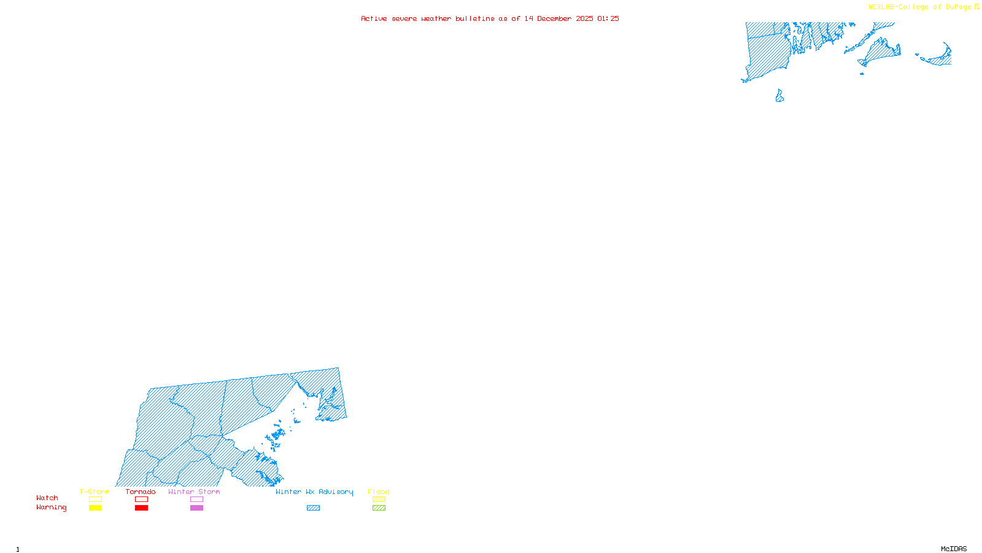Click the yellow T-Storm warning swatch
click(x=95, y=508)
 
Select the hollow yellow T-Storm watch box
click(x=95, y=500)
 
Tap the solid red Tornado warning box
click(x=142, y=508)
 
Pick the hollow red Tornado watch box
click(x=142, y=500)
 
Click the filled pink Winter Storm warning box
click(x=196, y=508)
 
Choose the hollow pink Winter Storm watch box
click(x=196, y=500)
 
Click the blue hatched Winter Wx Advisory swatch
click(x=313, y=508)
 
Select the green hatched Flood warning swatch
click(x=379, y=508)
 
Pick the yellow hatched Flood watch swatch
click(x=379, y=500)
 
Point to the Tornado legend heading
click(x=141, y=492)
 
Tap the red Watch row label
click(x=47, y=498)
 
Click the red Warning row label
click(x=51, y=508)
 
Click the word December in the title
click(x=554, y=18)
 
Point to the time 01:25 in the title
click(x=608, y=18)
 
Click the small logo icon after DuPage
click(x=976, y=7)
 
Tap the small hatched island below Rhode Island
click(x=779, y=96)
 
